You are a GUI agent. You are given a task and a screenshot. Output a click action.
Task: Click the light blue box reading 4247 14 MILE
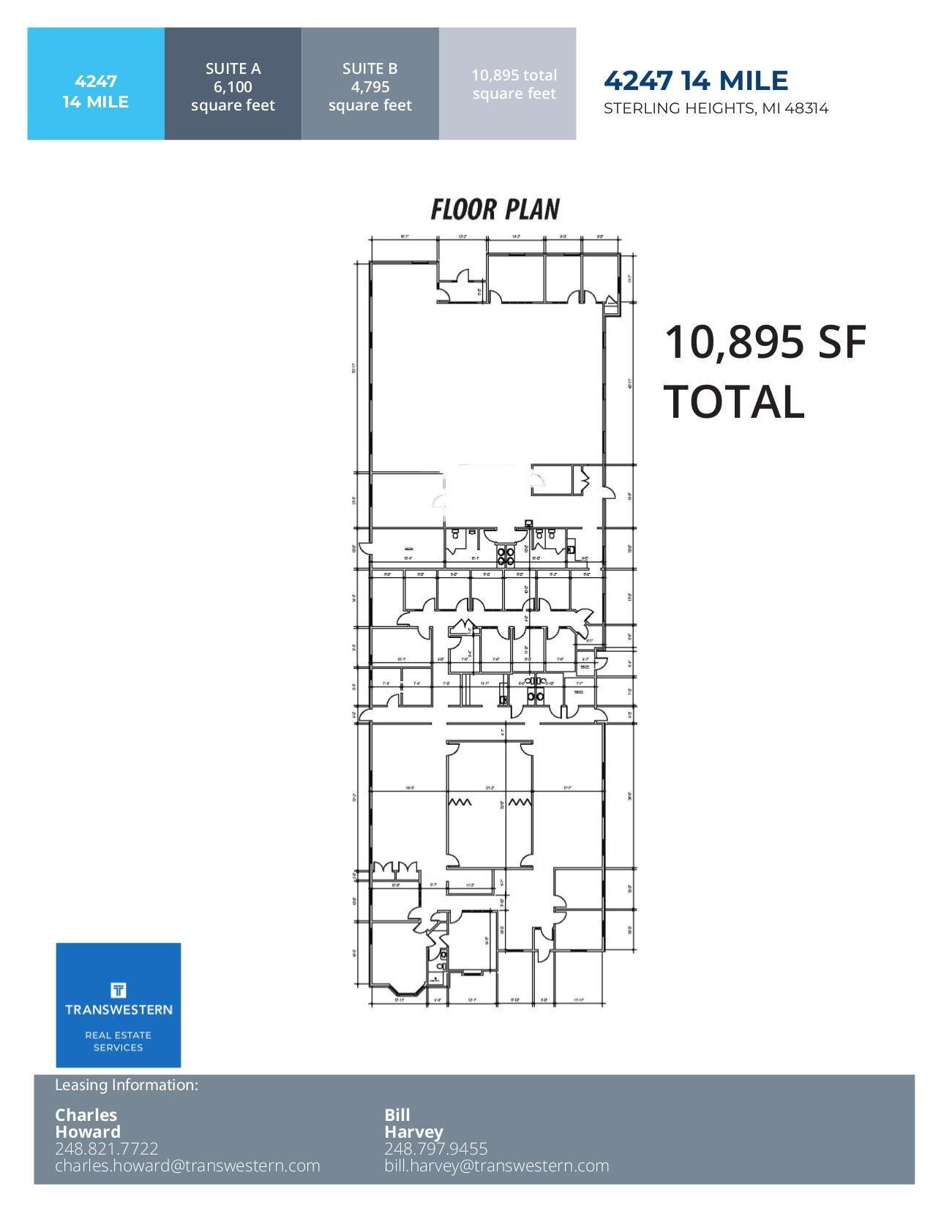click(x=96, y=91)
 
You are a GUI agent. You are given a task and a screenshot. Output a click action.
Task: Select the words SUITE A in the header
click(x=233, y=69)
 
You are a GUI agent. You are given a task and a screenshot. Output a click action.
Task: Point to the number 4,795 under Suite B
click(x=370, y=87)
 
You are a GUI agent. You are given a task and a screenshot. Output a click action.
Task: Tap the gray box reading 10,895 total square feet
click(x=514, y=84)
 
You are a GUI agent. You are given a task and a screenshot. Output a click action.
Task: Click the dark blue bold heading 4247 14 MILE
click(x=696, y=80)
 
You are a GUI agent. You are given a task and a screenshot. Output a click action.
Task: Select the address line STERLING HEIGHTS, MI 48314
click(x=716, y=109)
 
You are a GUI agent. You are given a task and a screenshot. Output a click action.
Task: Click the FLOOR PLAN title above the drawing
click(x=495, y=209)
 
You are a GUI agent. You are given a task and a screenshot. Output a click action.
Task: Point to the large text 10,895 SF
click(x=765, y=342)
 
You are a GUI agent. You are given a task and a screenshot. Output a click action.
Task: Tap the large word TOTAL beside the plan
click(x=734, y=402)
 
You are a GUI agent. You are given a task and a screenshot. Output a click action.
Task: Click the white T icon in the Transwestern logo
click(x=119, y=991)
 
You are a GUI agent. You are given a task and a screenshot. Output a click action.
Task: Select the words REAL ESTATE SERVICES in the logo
click(x=119, y=1041)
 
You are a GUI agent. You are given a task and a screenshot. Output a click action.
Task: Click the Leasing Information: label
click(x=127, y=1085)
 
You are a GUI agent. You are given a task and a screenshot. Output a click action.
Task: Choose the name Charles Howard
click(x=88, y=1123)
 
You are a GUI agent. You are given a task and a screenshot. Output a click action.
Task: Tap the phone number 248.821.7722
click(x=107, y=1149)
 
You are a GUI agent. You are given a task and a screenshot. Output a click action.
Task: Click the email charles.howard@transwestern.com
click(x=187, y=1166)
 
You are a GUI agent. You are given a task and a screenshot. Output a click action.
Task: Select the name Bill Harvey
click(x=413, y=1123)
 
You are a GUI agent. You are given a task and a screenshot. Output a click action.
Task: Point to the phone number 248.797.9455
click(x=436, y=1149)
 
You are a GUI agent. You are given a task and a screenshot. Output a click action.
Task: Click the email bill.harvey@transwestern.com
click(x=497, y=1166)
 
